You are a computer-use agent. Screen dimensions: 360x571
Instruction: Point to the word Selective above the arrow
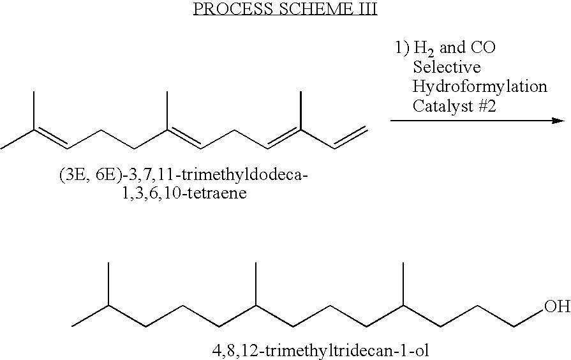coord(447,67)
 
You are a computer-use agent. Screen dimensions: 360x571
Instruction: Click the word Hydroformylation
coord(480,86)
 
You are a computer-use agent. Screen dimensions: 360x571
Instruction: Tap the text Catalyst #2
coord(454,105)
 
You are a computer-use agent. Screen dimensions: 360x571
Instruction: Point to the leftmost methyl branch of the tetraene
coord(33,110)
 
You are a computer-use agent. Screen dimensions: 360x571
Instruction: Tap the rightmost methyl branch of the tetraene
coord(299,110)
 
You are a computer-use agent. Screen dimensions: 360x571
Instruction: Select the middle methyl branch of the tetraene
coord(167,110)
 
